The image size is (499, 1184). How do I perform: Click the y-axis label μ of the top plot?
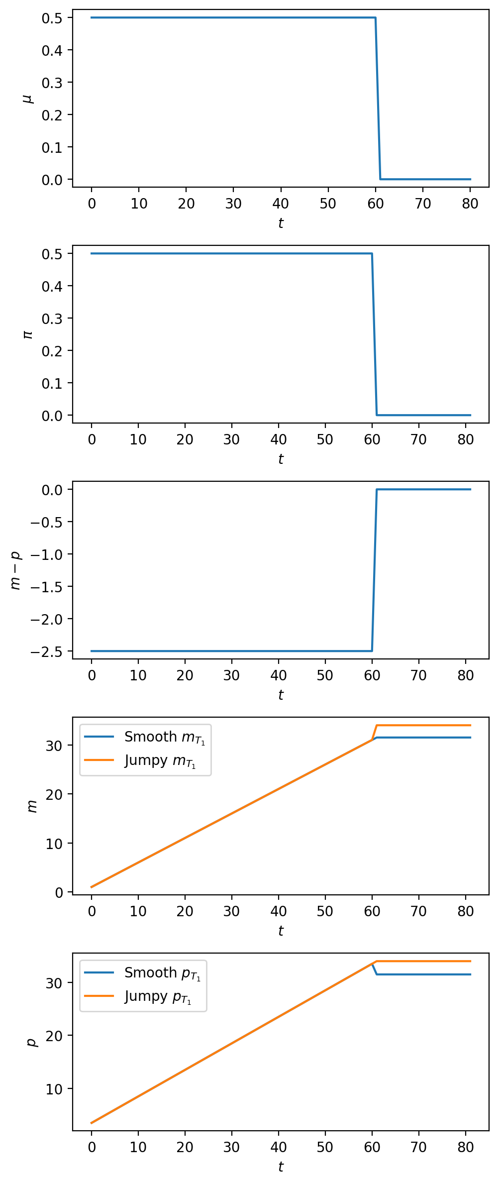29,98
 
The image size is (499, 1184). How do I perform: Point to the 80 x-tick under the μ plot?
470,204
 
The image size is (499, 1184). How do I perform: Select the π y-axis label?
29,334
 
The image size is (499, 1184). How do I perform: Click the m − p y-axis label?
16,570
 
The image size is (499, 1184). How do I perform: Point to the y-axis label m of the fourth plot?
32,806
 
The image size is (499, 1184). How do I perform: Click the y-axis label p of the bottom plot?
32,1042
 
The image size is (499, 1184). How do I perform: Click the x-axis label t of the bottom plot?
281,1166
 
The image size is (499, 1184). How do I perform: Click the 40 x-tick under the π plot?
279,439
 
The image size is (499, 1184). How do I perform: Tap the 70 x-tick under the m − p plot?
419,675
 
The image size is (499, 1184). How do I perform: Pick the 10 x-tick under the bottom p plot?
138,1147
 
